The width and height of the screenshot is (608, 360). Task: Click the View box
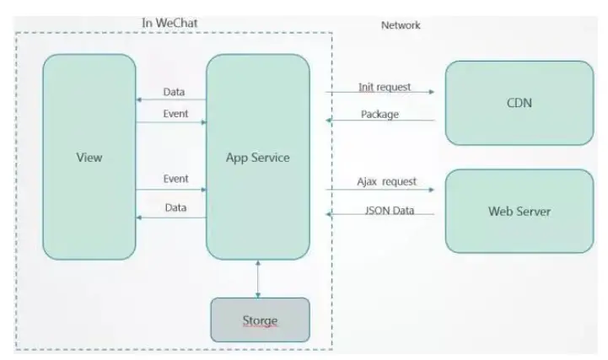click(89, 157)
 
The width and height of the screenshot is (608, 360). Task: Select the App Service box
click(258, 157)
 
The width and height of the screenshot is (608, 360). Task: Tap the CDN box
click(519, 103)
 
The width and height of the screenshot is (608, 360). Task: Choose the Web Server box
click(519, 211)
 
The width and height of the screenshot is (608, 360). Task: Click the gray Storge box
click(260, 320)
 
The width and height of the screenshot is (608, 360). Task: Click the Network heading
click(401, 25)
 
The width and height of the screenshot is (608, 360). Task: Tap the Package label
click(379, 114)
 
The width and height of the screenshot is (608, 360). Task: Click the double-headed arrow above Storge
click(258, 277)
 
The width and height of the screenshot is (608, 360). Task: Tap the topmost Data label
click(175, 93)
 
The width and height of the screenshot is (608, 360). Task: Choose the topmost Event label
click(175, 114)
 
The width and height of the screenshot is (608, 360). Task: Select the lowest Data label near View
click(175, 207)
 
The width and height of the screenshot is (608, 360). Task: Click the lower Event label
click(175, 180)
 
